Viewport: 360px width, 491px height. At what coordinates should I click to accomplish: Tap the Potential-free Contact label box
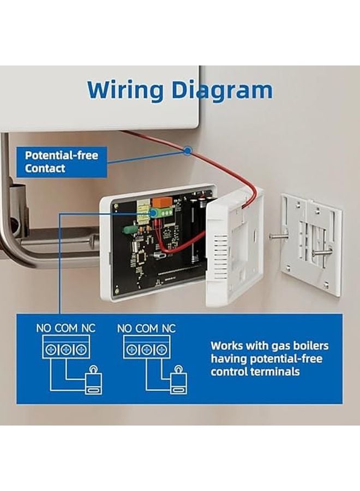[x=61, y=162]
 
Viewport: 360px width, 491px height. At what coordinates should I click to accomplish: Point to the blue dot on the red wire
[x=188, y=150]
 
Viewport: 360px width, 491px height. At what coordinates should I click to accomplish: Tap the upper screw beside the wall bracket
[x=278, y=236]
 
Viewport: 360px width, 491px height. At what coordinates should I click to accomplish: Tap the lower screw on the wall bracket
[x=322, y=252]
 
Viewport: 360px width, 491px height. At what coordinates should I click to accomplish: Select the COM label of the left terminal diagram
[x=65, y=328]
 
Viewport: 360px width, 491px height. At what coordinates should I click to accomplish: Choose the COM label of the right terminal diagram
[x=146, y=328]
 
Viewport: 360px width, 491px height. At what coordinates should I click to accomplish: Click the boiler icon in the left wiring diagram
[x=93, y=380]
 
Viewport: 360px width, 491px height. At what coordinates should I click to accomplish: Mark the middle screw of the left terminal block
[x=65, y=350]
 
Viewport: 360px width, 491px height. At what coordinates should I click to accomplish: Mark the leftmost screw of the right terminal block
[x=131, y=350]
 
